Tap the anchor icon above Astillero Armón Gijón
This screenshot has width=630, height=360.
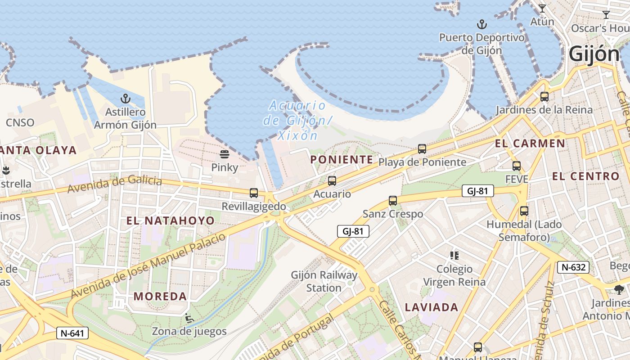tap(125, 99)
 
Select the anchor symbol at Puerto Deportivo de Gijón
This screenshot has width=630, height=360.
tap(482, 24)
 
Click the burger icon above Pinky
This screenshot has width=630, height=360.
tap(225, 155)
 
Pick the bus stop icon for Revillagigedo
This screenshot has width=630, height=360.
tap(254, 193)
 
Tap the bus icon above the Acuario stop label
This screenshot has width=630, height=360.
tap(332, 181)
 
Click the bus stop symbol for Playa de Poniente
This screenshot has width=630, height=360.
tap(422, 149)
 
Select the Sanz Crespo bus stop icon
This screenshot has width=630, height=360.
tap(393, 201)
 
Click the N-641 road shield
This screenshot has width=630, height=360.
tap(72, 333)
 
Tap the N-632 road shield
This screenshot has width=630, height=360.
tap(573, 267)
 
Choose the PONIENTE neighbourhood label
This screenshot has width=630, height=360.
tap(342, 160)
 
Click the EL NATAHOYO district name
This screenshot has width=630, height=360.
tap(171, 220)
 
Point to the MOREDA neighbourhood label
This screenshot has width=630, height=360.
tap(160, 297)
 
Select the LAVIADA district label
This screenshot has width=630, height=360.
tap(432, 307)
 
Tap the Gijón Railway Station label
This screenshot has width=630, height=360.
tap(324, 281)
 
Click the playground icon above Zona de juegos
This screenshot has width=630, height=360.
tap(189, 319)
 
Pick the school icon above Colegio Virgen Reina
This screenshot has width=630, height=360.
tap(454, 256)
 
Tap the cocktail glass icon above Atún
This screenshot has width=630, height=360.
tap(542, 9)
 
